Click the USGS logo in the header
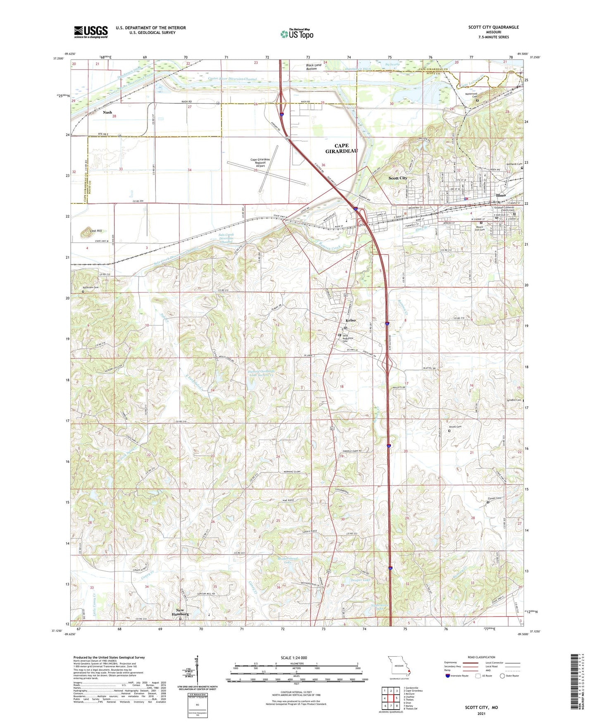tap(90, 32)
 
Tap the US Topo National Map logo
tap(297, 34)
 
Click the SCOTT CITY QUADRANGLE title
tap(493, 27)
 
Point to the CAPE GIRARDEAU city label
tap(342, 148)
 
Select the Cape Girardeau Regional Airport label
tap(260, 163)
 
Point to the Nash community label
tap(107, 112)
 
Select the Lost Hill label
tap(96, 231)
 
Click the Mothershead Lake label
tap(288, 560)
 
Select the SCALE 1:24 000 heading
tap(293, 657)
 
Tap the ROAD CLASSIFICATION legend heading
tap(481, 657)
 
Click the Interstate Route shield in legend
tap(448, 676)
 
